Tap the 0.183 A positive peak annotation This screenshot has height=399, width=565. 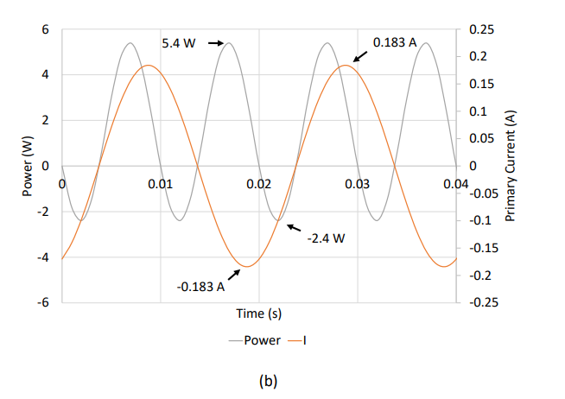(x=395, y=41)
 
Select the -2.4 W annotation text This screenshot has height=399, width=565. (x=326, y=238)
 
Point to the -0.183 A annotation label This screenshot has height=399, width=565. (x=200, y=286)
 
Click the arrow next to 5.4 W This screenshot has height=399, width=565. (x=214, y=41)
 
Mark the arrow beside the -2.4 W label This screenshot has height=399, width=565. (x=295, y=227)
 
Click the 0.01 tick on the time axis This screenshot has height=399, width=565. (x=160, y=184)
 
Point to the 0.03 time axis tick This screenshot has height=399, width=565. (x=357, y=184)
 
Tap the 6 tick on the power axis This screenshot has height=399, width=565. (x=48, y=30)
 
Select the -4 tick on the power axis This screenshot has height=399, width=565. (x=45, y=257)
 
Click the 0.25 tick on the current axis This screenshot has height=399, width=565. (x=477, y=30)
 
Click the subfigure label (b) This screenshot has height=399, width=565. (x=267, y=378)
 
